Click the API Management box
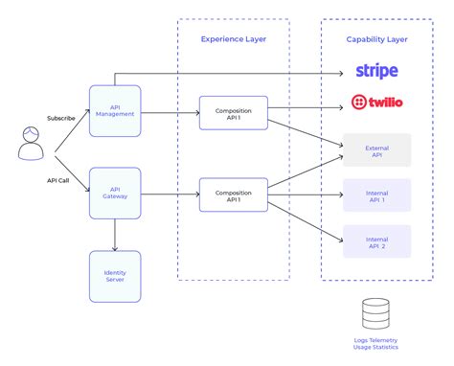[115, 110]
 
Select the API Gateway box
[115, 193]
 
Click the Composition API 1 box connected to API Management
[233, 112]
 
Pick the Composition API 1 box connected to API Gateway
[233, 194]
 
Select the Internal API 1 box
[376, 194]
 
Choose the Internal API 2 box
[376, 240]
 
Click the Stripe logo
[376, 71]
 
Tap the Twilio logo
[376, 102]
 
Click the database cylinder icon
[376, 313]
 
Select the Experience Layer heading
[233, 39]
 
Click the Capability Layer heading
[376, 39]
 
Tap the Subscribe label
[60, 118]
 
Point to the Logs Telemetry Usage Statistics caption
[376, 346]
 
